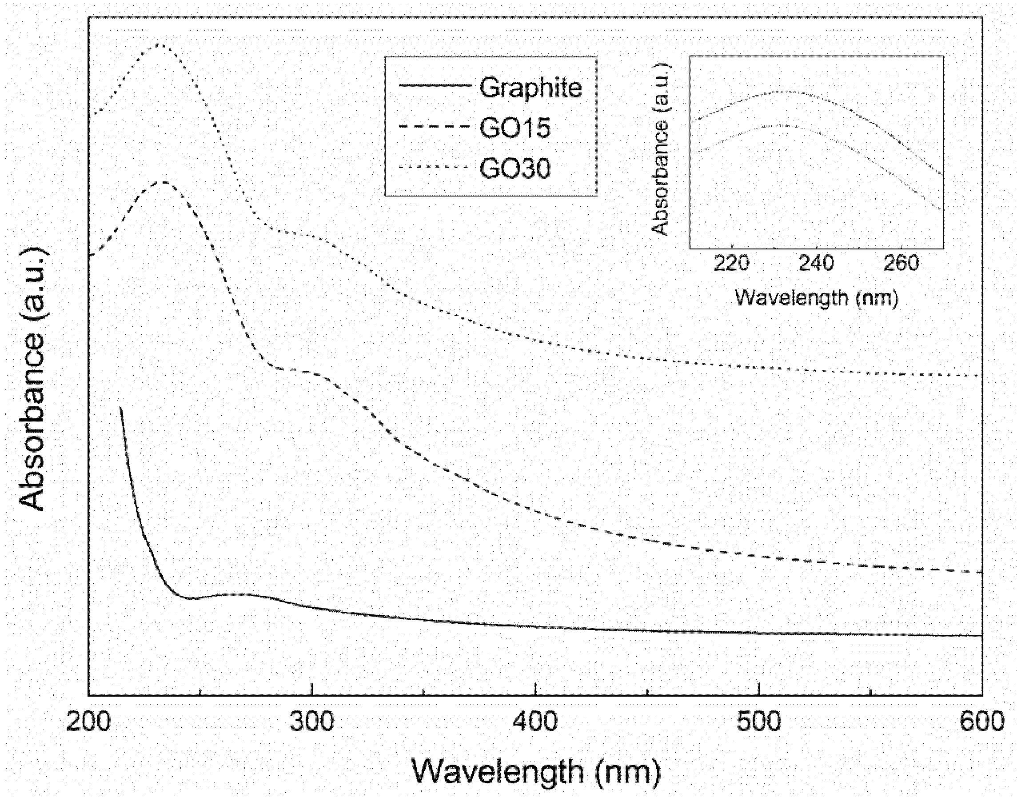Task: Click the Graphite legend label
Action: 530,88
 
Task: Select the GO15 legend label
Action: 514,128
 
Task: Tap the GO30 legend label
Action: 514,168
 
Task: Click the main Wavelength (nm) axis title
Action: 536,772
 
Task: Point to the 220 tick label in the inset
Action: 731,264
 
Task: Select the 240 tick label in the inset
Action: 817,264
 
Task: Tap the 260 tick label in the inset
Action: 901,264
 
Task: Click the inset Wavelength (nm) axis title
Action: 816,298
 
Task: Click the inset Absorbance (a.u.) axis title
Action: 661,149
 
